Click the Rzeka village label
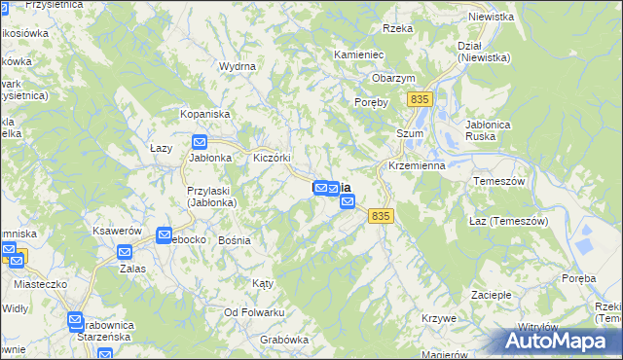398,28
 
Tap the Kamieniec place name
362,55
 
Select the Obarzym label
393,78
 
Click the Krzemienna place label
416,166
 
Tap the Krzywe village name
440,318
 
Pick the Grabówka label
284,340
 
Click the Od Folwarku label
253,311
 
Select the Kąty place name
263,283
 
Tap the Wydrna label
238,66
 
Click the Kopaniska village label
204,114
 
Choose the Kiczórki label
273,158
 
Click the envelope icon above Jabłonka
200,140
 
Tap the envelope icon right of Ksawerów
165,234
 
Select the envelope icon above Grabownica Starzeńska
76,319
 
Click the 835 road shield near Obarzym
421,99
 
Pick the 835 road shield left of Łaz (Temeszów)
381,216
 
